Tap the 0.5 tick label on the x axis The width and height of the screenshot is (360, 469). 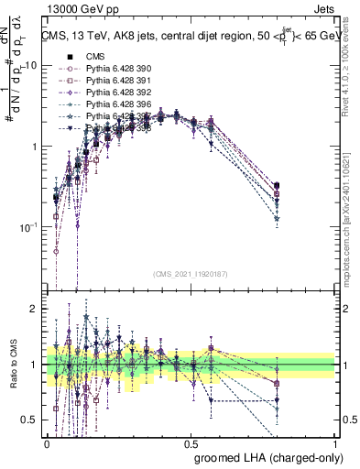(x=191, y=442)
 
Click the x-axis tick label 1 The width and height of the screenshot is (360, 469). (x=335, y=442)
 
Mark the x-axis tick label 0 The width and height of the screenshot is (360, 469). (x=47, y=442)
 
